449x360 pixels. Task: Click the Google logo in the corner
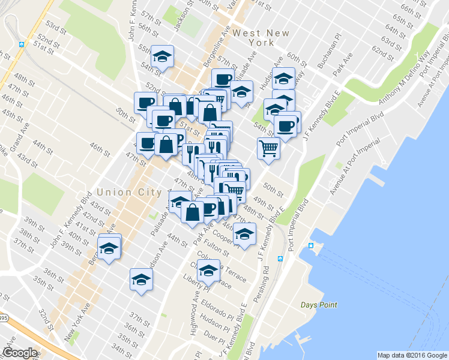point(20,353)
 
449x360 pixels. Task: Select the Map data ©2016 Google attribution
point(412,355)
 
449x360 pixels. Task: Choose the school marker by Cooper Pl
point(244,234)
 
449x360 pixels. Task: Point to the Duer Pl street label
point(214,334)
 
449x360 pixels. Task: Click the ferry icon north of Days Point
point(311,246)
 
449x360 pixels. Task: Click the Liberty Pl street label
point(196,280)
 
